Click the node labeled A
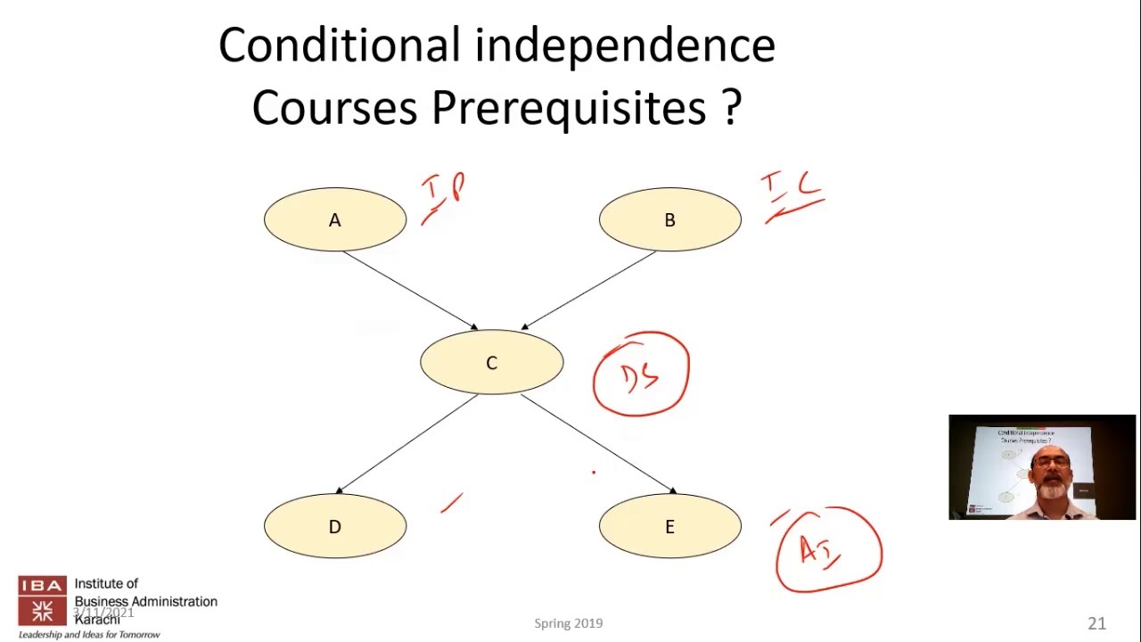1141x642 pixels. (334, 219)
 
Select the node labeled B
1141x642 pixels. (669, 219)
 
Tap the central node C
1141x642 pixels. (491, 362)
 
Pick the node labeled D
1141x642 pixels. (334, 526)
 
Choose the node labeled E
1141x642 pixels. (669, 526)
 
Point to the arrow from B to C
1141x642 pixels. (589, 290)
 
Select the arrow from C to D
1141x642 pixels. (408, 443)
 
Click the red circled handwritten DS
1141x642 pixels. (641, 374)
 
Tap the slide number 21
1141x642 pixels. (1096, 623)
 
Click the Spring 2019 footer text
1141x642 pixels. (569, 623)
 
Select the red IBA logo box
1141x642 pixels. (42, 601)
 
